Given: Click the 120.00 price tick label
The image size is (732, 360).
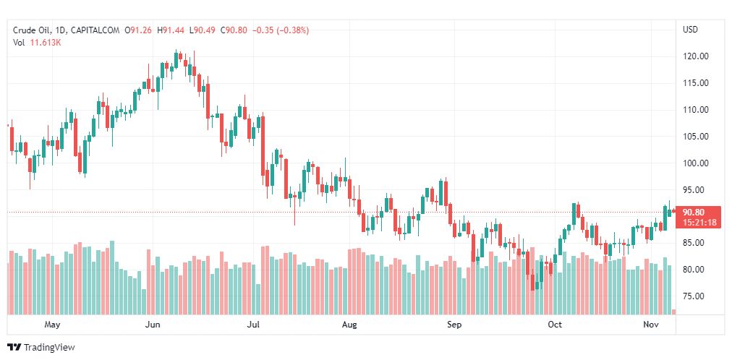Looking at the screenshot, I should click(695, 56).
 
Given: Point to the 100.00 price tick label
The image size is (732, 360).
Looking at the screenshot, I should click(695, 163).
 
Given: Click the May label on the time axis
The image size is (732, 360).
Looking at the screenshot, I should click(51, 325).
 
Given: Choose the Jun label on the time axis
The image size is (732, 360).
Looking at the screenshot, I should click(152, 325).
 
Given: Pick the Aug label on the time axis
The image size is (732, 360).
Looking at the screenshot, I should click(349, 325).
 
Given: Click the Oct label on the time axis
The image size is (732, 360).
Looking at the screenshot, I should click(555, 325).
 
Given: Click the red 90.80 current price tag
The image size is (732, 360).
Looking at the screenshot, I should click(694, 213).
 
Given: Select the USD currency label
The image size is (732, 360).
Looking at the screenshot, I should click(690, 30).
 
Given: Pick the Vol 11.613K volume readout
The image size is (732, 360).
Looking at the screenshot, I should click(37, 43).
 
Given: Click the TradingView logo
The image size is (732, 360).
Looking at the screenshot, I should click(41, 347).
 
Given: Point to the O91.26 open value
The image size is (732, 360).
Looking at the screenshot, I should click(138, 30).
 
